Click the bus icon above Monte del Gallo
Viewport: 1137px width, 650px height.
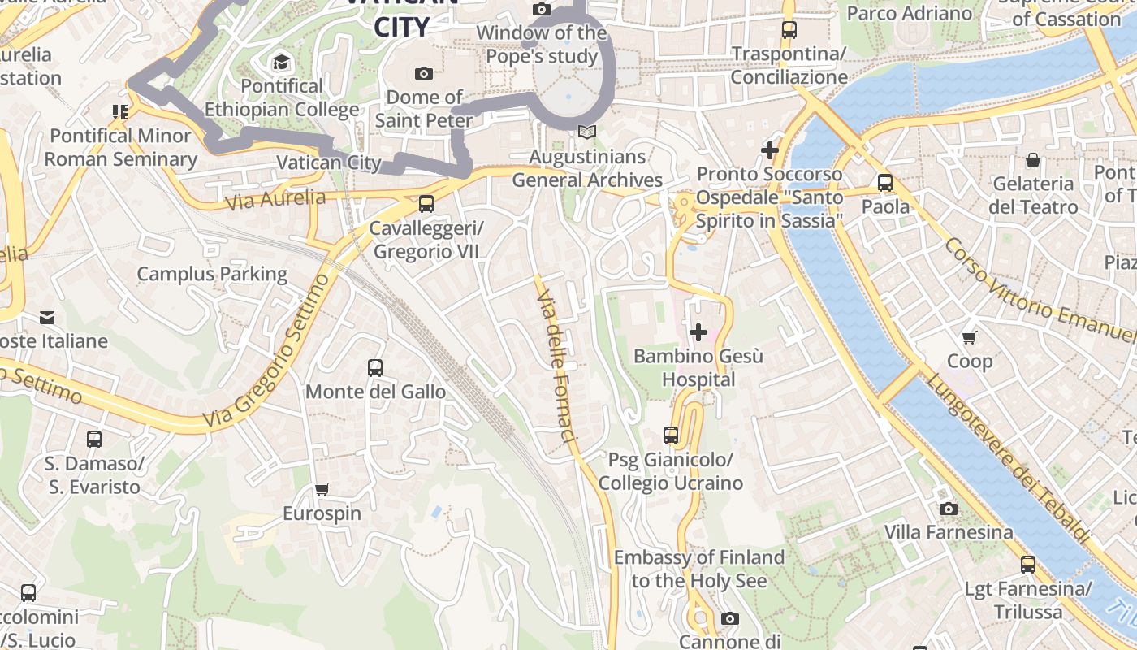click(375, 368)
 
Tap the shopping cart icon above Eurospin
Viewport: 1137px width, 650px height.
click(322, 489)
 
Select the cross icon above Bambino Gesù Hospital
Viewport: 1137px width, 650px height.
click(698, 331)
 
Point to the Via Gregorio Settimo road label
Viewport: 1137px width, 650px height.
click(268, 353)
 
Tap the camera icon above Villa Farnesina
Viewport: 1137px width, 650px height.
click(948, 509)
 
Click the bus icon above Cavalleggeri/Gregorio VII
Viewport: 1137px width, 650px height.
click(426, 204)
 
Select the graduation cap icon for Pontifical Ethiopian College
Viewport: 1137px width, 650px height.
click(281, 63)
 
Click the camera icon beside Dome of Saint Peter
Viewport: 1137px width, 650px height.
click(423, 74)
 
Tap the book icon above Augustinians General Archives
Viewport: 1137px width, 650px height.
click(586, 132)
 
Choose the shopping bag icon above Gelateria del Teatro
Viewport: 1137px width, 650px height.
click(1033, 160)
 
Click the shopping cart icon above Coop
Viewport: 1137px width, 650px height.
click(969, 337)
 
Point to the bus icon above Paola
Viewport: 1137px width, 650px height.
click(884, 183)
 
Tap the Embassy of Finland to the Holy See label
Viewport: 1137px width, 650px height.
click(698, 569)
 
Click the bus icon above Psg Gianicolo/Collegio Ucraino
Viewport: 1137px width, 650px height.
click(670, 435)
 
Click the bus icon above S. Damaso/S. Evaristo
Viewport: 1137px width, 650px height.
click(94, 440)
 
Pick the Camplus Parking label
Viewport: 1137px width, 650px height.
click(212, 274)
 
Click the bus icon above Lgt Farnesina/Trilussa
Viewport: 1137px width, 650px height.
click(1027, 565)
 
